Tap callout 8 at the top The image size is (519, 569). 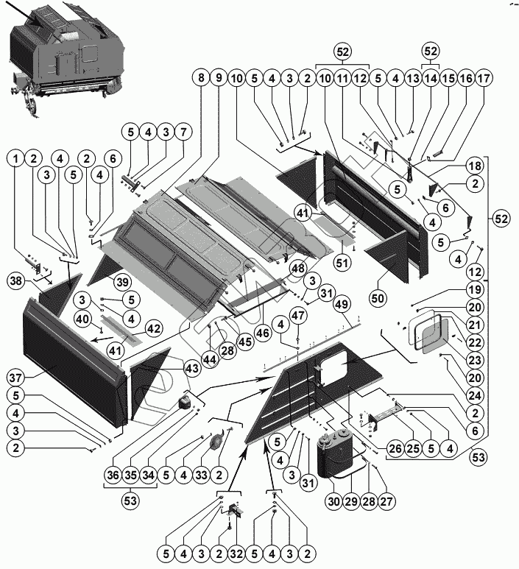[200, 77]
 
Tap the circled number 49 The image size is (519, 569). [340, 305]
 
